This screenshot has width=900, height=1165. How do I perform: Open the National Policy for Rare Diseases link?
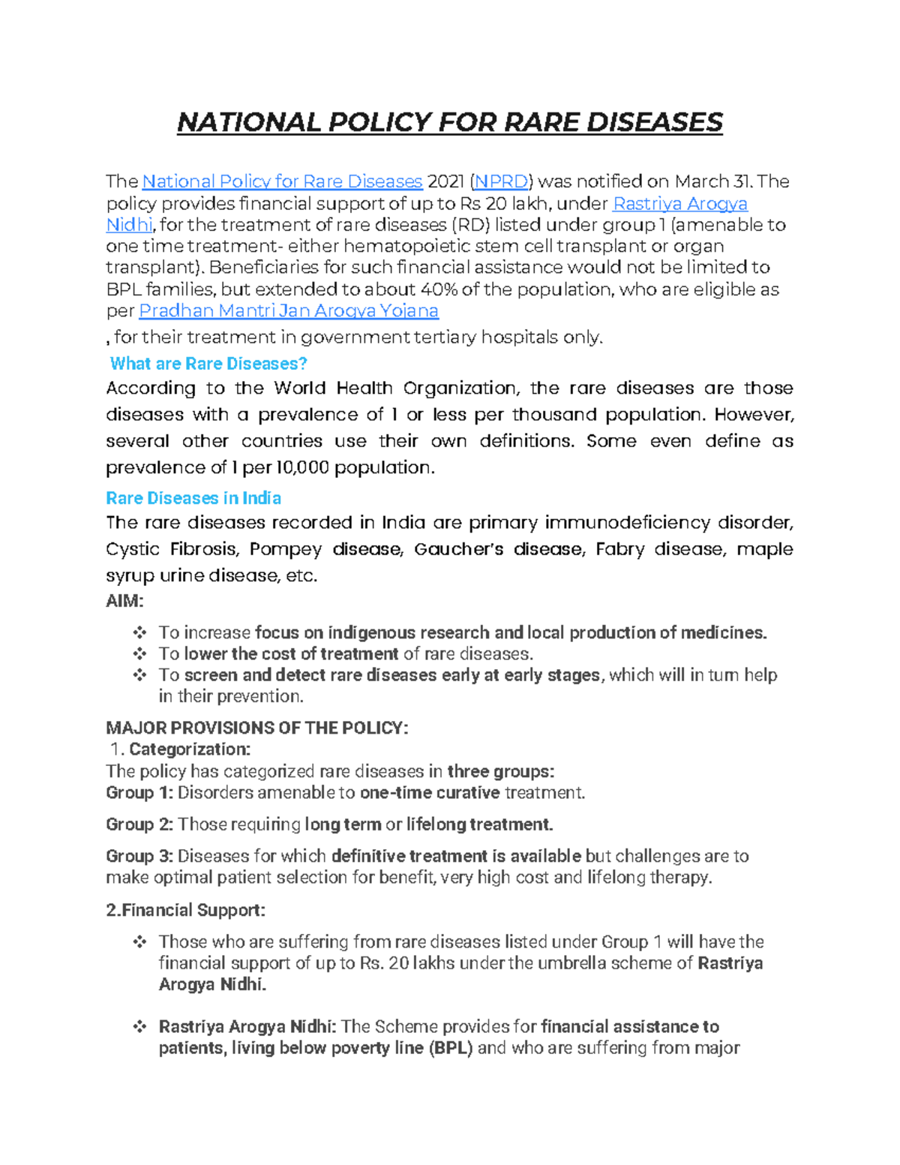pos(282,182)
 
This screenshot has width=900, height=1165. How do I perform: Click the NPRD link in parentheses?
pos(501,182)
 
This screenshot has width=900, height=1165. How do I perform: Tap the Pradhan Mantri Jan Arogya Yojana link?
pos(289,311)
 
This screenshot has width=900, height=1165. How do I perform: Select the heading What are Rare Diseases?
pos(208,364)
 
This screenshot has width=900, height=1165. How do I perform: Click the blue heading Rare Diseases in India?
pos(193,498)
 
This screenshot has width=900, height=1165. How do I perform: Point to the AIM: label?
pos(124,601)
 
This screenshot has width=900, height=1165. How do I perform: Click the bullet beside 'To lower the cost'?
pos(139,653)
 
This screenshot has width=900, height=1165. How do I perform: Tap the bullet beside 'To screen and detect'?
pos(139,674)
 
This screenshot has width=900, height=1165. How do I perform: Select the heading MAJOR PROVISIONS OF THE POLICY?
pos(257,728)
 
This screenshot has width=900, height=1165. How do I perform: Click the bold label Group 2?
pos(139,824)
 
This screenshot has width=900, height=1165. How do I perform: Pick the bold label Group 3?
pos(139,856)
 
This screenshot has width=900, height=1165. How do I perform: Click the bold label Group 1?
pos(139,793)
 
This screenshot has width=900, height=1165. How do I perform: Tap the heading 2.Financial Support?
pos(185,910)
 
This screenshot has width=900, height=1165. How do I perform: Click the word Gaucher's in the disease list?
pos(458,549)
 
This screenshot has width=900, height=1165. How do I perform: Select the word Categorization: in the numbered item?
pos(190,749)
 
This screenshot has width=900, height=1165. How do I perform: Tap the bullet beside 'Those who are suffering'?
pos(139,941)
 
